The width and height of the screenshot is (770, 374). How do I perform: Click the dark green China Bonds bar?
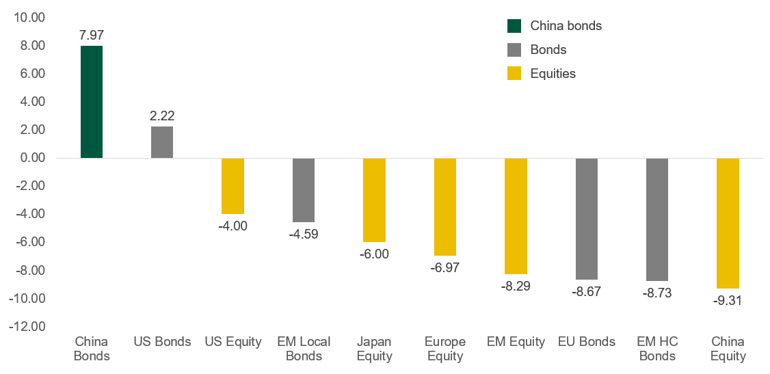point(92,102)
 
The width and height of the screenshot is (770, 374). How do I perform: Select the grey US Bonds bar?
point(162,142)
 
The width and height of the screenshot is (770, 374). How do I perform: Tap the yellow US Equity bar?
point(233,186)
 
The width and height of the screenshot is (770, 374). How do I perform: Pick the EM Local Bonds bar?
point(304,190)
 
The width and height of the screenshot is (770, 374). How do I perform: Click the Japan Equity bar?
point(374,200)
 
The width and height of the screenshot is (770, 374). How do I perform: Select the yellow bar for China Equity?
point(728,223)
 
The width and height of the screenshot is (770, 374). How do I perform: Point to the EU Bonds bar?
point(586,219)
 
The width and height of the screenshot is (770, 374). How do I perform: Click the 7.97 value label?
point(92,32)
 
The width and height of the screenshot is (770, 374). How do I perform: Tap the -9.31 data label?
point(728,300)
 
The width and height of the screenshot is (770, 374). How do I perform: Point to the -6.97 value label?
point(444,267)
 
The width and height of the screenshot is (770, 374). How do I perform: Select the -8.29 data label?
point(516,286)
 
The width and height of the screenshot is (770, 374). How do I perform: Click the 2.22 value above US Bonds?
point(162,116)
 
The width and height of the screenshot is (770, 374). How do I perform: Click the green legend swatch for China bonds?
point(514,26)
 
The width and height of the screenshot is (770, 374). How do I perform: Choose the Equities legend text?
point(553,73)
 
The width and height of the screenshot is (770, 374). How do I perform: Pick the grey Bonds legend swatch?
point(514,50)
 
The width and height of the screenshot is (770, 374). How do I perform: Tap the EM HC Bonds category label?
point(656,349)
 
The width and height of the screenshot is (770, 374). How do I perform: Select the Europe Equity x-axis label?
point(444,349)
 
